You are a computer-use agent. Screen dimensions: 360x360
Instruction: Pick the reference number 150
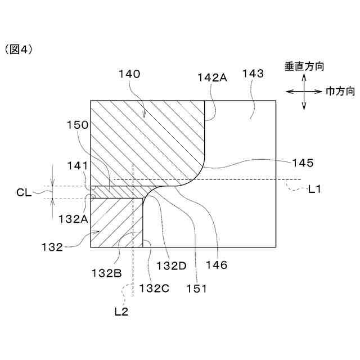(77, 125)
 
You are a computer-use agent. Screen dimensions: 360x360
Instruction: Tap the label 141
(77, 165)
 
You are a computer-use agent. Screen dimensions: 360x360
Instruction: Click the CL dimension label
(24, 192)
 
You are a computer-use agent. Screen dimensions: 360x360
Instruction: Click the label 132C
(154, 288)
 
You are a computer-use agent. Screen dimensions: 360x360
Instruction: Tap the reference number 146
(217, 265)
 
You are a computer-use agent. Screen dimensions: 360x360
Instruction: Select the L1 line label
(314, 190)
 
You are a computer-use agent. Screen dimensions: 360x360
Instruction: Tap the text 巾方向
(340, 91)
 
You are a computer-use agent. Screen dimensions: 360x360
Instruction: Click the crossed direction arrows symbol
(304, 91)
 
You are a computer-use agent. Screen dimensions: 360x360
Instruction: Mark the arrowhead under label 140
(145, 115)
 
